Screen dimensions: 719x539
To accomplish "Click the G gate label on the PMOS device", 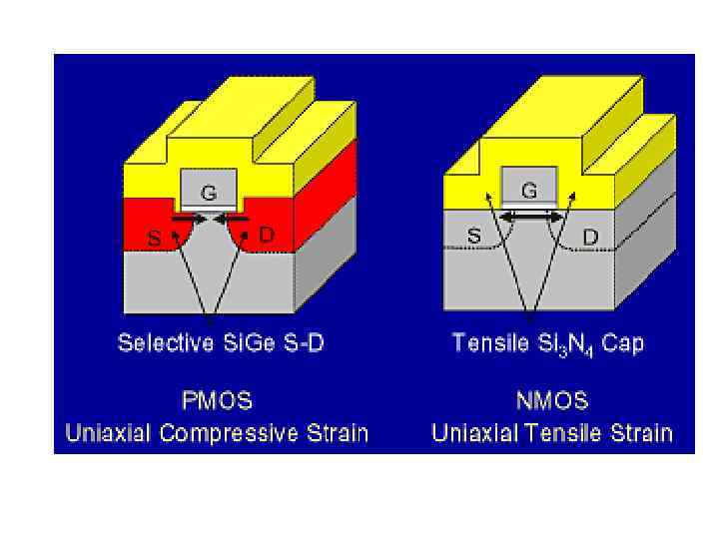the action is coord(208,194).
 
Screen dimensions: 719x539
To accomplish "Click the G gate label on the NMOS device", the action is coord(529,190).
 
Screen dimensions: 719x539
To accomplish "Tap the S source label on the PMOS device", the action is coord(153,240).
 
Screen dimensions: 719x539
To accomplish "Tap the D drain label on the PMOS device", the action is coord(267,236).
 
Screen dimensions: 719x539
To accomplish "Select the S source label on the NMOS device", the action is coord(474,237).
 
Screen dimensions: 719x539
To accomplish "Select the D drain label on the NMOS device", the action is coord(590,237).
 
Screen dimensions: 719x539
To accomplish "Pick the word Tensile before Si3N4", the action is coord(485,343).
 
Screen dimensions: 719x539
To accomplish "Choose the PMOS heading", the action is coord(217,401).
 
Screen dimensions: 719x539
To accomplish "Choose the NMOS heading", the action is coord(552,401).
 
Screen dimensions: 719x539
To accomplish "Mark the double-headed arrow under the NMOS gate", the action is coord(530,216).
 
